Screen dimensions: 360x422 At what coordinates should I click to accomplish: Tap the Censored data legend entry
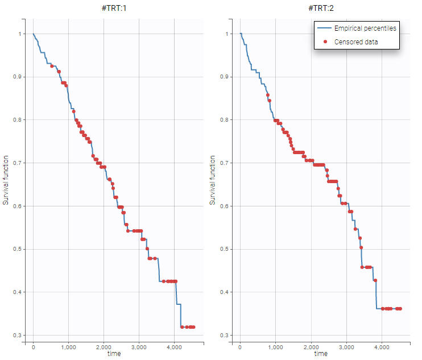coord(355,42)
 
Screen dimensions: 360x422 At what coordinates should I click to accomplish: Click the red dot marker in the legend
coord(325,42)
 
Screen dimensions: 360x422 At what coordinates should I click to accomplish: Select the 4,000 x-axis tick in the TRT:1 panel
coord(174,346)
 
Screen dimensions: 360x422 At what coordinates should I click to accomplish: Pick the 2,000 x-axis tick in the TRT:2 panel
coord(311,346)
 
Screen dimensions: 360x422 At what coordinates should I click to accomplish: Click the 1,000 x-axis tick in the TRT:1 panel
coord(68,346)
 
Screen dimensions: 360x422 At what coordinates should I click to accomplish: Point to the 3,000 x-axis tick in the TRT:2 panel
coord(346,346)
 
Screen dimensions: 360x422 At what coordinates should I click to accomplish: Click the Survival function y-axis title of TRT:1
coord(6,180)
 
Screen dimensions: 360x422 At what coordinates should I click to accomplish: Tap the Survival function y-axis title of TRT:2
coord(213,180)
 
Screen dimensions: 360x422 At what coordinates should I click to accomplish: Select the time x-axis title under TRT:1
coord(114,353)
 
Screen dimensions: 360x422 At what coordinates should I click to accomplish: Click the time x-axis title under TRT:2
coord(321,353)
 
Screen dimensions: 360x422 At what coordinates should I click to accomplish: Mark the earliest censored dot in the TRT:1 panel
coord(52,67)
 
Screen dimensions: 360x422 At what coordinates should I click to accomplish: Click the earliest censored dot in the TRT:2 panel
coord(268,95)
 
